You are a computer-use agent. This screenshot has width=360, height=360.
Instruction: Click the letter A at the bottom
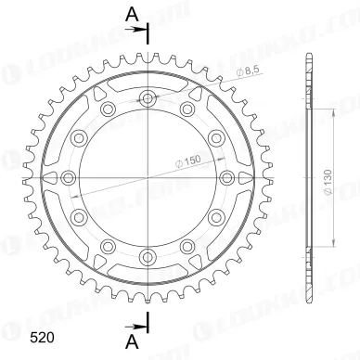tap(133, 341)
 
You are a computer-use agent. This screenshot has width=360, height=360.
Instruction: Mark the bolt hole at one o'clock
tap(188, 109)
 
